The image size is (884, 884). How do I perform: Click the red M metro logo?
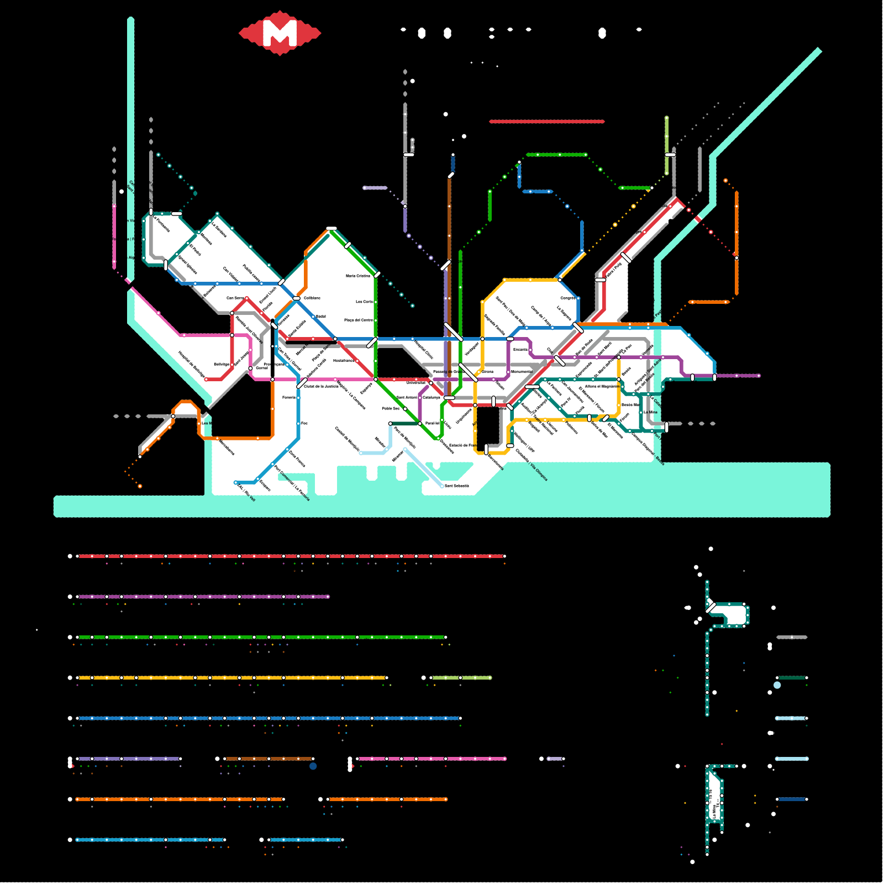[280, 33]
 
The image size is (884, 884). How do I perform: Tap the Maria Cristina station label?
[357, 276]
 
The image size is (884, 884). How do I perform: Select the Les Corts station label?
[364, 302]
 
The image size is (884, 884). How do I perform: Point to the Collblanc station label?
[312, 298]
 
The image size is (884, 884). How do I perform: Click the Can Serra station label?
[235, 298]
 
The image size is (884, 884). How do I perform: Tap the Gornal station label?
[262, 368]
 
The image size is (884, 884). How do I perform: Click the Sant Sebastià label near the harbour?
[457, 486]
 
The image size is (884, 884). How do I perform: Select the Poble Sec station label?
[391, 408]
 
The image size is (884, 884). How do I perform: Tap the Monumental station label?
[522, 371]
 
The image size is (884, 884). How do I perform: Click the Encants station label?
[520, 349]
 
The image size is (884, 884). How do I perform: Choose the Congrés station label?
[568, 298]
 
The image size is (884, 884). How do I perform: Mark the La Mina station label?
[650, 412]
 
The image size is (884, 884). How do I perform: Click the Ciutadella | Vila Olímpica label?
[532, 465]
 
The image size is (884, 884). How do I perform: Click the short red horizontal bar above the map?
[547, 122]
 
